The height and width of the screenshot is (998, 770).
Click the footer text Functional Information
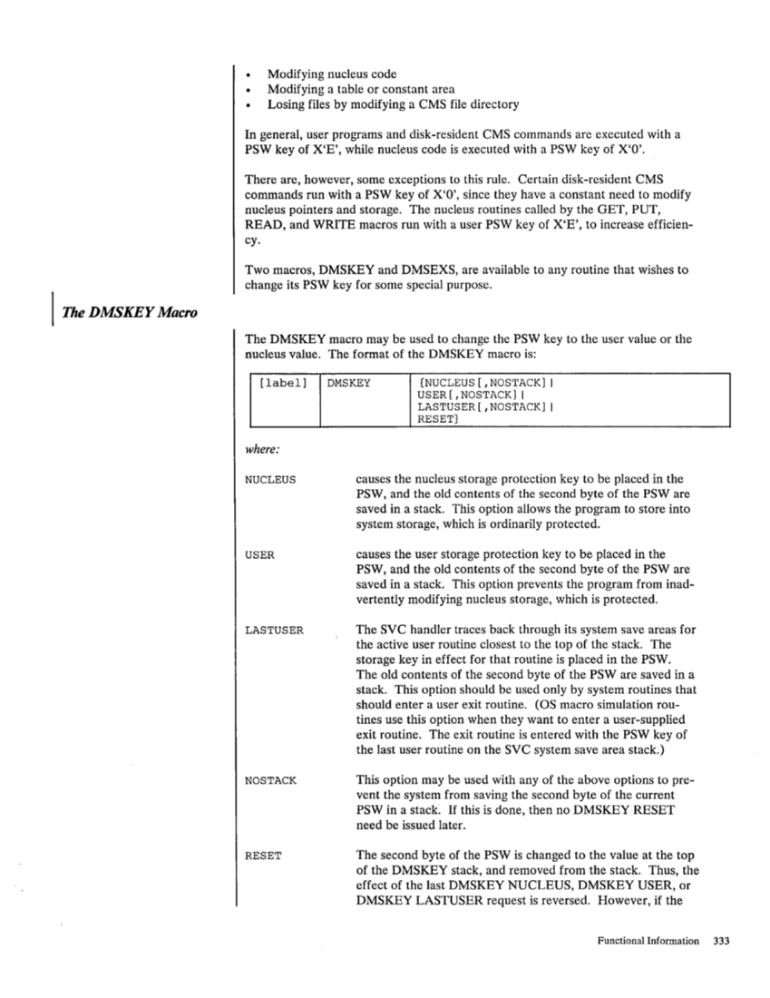coord(647,941)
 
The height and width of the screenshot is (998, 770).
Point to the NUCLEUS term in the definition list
coord(270,478)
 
